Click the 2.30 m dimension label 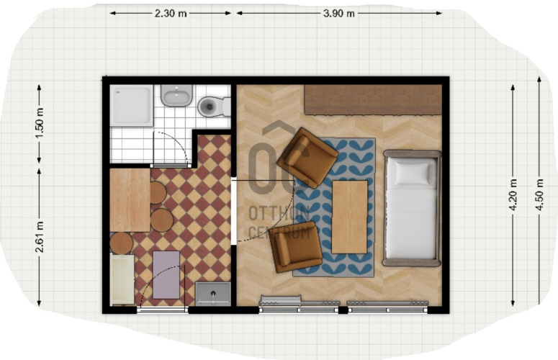coord(171,14)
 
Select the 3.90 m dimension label coord(339,14)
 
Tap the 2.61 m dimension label coord(40,237)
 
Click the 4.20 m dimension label coord(513,195)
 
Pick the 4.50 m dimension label coord(539,195)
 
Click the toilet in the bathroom coord(215,106)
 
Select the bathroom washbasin coord(176,95)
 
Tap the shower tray coord(131,105)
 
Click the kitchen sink coord(213,294)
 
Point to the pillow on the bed coord(413,174)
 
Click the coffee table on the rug coord(349,217)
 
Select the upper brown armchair coord(307,158)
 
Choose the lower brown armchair coord(296,246)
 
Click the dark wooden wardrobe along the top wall coord(373,99)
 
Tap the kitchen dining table coord(130,200)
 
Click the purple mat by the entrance coord(166,274)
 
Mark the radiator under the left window coord(281,301)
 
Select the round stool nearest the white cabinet coord(122,243)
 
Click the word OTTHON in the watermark coord(279,213)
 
